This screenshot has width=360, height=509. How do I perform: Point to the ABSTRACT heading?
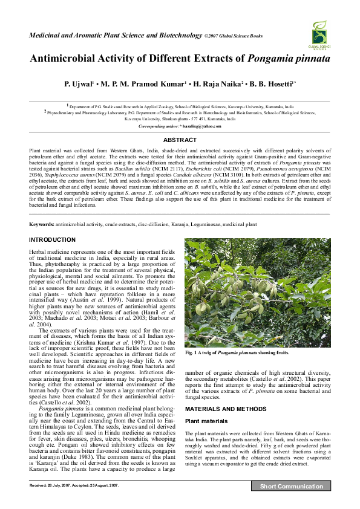pyautogui.click(x=180, y=140)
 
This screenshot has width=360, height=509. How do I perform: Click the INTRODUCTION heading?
pyautogui.click(x=53, y=240)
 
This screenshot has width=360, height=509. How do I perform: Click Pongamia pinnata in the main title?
pyautogui.click(x=289, y=59)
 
